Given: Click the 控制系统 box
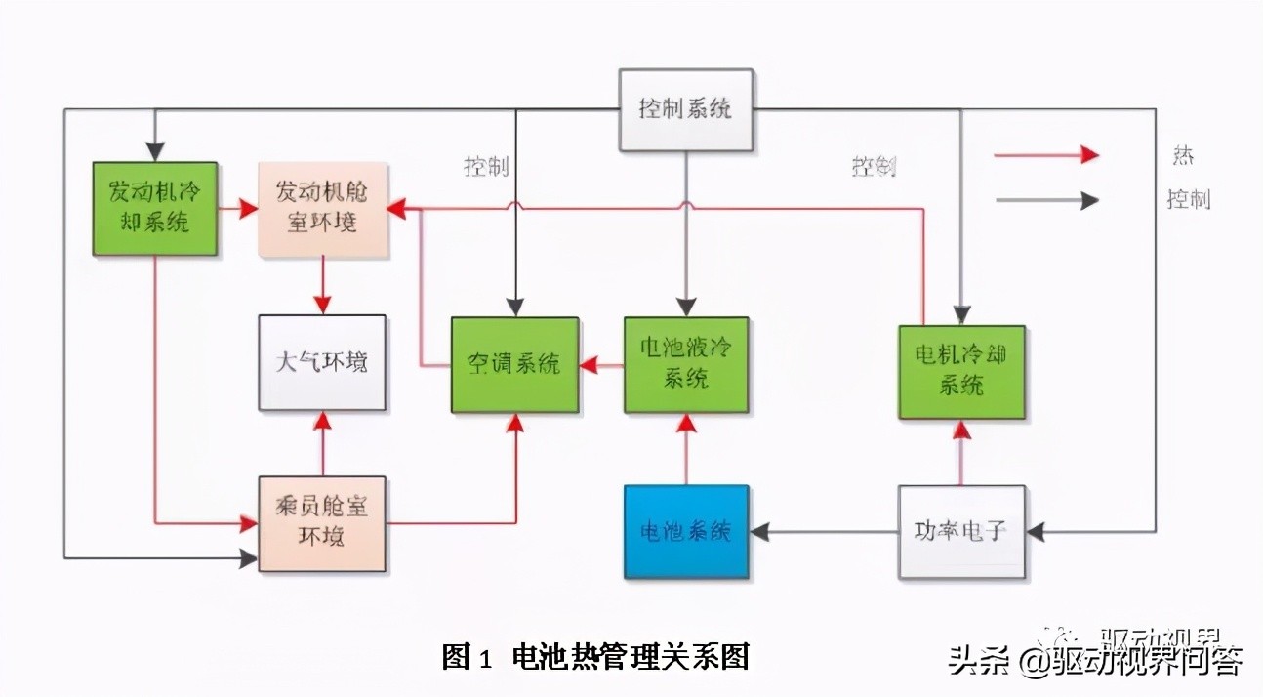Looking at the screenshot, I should click(686, 109).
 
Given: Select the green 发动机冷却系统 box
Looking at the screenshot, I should click(154, 208).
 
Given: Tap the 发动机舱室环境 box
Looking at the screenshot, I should click(322, 208).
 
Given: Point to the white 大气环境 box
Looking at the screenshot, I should click(321, 362).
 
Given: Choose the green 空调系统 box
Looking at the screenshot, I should click(514, 364).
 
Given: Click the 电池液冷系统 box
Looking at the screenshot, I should click(686, 364).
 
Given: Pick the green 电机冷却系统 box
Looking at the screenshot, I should click(961, 371).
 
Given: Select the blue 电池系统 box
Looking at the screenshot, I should click(686, 532).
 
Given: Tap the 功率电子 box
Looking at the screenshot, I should click(961, 532).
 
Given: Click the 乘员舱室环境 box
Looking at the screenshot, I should click(321, 523).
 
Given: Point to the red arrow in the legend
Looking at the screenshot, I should click(1045, 155).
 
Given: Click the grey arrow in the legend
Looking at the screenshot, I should click(1045, 201).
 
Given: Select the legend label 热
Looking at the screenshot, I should click(1183, 156).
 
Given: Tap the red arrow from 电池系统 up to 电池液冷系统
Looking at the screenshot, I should click(686, 449).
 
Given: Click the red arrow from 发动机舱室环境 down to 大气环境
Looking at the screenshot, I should click(322, 285).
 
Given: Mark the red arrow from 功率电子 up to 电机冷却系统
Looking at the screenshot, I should click(961, 453).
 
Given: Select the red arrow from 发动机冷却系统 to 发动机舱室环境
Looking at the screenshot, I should click(237, 208).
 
